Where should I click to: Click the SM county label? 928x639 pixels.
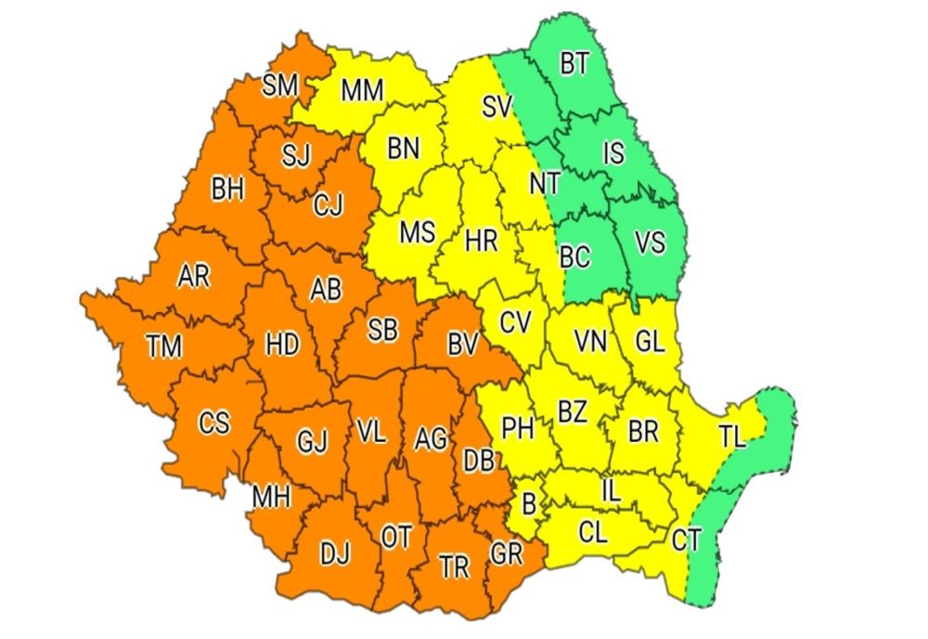tap(279, 85)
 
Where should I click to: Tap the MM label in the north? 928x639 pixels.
tap(364, 91)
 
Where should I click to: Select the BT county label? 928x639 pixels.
tap(574, 64)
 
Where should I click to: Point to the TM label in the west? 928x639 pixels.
tap(164, 346)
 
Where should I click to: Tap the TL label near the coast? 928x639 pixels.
tap(732, 437)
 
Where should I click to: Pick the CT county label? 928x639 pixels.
tap(686, 541)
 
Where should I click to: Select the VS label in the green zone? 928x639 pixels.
tap(650, 243)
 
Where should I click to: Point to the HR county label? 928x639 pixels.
tap(482, 242)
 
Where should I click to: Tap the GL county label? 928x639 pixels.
tap(650, 342)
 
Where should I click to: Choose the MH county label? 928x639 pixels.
tap(271, 498)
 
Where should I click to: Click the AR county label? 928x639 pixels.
tap(193, 276)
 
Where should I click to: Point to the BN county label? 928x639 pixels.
tap(403, 148)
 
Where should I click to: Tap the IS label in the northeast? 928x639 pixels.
tap(612, 154)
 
